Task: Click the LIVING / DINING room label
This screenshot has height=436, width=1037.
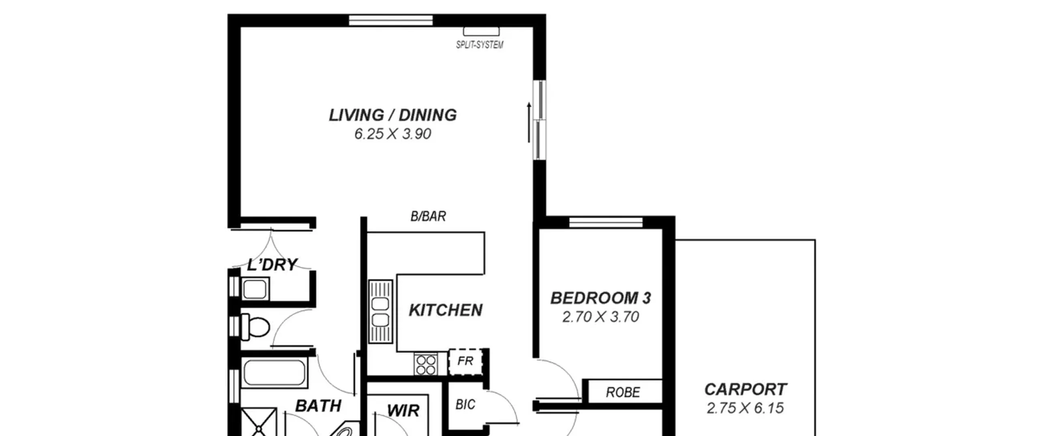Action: tap(393, 115)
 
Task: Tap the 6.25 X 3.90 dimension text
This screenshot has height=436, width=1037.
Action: tap(393, 134)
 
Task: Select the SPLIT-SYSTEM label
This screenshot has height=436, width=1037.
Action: tap(480, 45)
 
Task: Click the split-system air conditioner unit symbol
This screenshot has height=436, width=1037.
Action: tap(481, 31)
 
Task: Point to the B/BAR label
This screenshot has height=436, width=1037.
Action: tap(428, 216)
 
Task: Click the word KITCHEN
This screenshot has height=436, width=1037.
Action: tap(446, 310)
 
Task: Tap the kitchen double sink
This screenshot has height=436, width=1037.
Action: tap(380, 311)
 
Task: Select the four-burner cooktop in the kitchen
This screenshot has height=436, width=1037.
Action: tap(426, 364)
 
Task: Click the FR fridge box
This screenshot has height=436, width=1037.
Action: tap(465, 361)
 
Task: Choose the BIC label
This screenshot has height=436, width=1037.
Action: tap(465, 404)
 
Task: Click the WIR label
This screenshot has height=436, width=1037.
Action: tap(403, 410)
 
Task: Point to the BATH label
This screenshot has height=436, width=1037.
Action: tap(318, 406)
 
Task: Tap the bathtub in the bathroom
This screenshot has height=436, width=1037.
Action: tap(274, 373)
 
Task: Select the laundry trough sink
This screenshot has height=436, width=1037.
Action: tap(255, 289)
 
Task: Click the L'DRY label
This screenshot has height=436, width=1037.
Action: tap(272, 265)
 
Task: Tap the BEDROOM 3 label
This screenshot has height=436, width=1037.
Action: tap(600, 298)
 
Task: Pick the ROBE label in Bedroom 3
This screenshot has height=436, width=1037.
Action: tap(623, 392)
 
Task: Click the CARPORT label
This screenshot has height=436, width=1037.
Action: tap(745, 389)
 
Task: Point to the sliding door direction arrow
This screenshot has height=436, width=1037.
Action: tap(529, 122)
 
